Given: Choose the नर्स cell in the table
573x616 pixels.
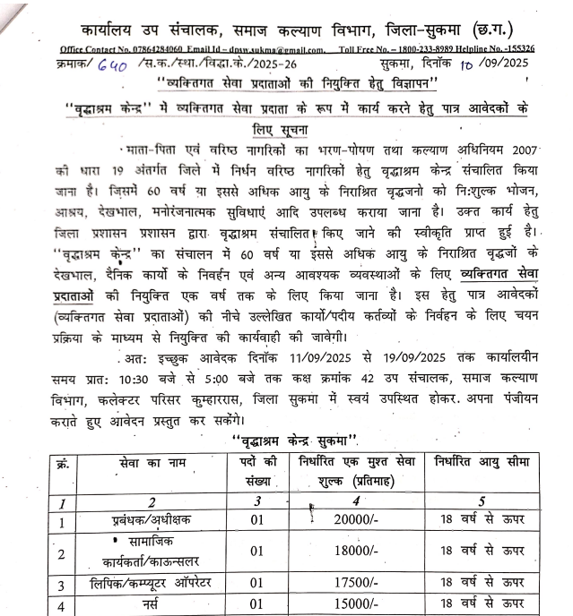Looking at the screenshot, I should pyautogui.click(x=143, y=606).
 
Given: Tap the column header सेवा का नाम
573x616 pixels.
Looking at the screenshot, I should pyautogui.click(x=143, y=464).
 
